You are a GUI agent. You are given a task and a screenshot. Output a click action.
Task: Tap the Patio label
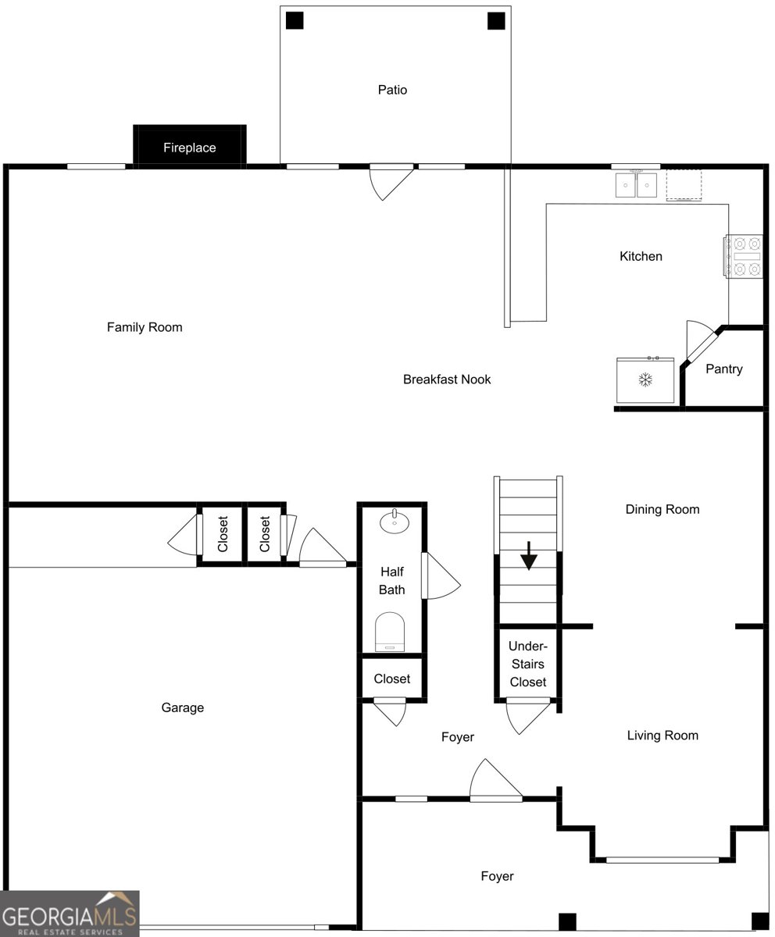[392, 90]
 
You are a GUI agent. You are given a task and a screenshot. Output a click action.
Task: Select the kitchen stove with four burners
[743, 256]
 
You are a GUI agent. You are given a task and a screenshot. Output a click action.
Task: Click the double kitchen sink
[636, 184]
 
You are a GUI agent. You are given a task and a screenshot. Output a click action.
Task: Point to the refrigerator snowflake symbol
[645, 379]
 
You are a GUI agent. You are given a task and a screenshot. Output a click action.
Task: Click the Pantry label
[723, 369]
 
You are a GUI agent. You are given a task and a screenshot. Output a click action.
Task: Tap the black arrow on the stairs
[528, 555]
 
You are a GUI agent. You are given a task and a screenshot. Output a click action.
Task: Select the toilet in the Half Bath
[390, 632]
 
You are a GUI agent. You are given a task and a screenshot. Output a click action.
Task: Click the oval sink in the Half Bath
[395, 522]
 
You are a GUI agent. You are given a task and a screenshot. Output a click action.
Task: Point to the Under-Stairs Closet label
[528, 664]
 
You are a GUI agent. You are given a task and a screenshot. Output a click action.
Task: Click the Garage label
[182, 707]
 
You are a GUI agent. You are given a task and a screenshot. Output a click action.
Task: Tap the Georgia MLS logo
[70, 914]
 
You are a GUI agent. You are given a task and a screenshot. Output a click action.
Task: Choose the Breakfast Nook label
[447, 379]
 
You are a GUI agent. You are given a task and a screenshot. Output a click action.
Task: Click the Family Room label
[145, 327]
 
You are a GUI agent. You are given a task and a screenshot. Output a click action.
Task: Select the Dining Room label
[662, 509]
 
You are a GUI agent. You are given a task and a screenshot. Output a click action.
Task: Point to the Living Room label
[662, 735]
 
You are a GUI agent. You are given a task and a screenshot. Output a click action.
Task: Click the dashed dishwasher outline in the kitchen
[684, 185]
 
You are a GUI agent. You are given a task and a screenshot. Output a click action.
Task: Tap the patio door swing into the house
[391, 181]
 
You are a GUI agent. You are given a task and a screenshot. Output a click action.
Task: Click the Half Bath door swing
[441, 575]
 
